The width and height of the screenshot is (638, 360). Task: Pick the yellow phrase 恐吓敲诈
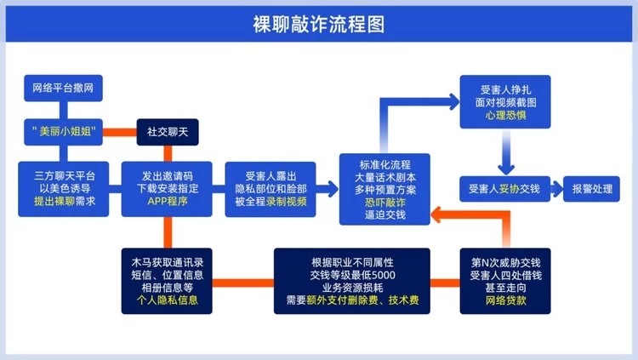[385, 202]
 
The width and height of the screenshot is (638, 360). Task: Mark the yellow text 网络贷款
[505, 300]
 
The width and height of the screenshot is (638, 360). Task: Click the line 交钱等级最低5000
[351, 274]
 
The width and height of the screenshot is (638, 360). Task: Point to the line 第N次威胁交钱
[505, 261]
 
